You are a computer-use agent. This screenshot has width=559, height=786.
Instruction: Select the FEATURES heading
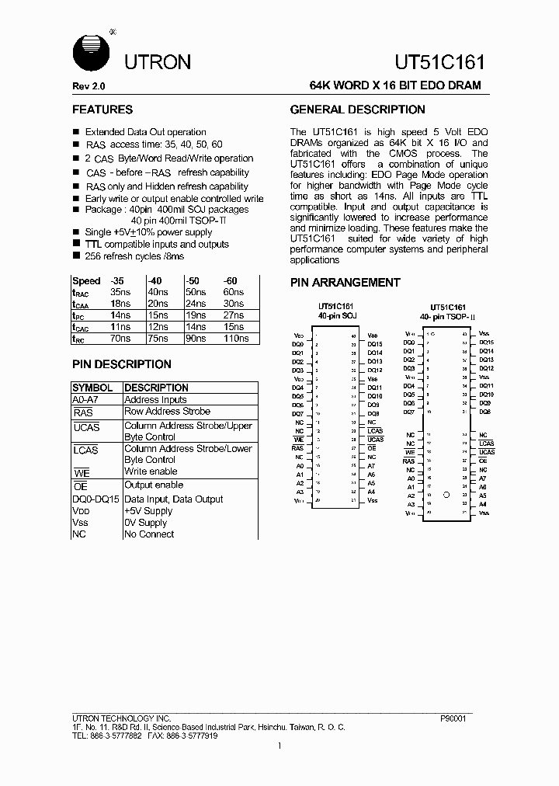pos(102,110)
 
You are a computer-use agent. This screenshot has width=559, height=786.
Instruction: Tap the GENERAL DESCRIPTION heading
pos(357,110)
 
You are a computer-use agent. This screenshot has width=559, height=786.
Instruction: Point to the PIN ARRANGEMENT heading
pos(345,283)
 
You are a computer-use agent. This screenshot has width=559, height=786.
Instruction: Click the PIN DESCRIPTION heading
pos(122,364)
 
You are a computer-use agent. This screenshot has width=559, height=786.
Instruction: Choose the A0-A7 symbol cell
pos(85,399)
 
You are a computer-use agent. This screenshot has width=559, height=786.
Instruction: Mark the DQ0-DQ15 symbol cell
pos(95,499)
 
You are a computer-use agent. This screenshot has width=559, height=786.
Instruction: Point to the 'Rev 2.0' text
pos(89,85)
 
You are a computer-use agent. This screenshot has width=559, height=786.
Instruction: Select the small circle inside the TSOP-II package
pos(446,494)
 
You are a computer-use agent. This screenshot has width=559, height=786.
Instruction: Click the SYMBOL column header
pos(92,388)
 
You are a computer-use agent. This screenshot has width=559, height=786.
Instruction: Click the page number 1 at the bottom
pos(279,746)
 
